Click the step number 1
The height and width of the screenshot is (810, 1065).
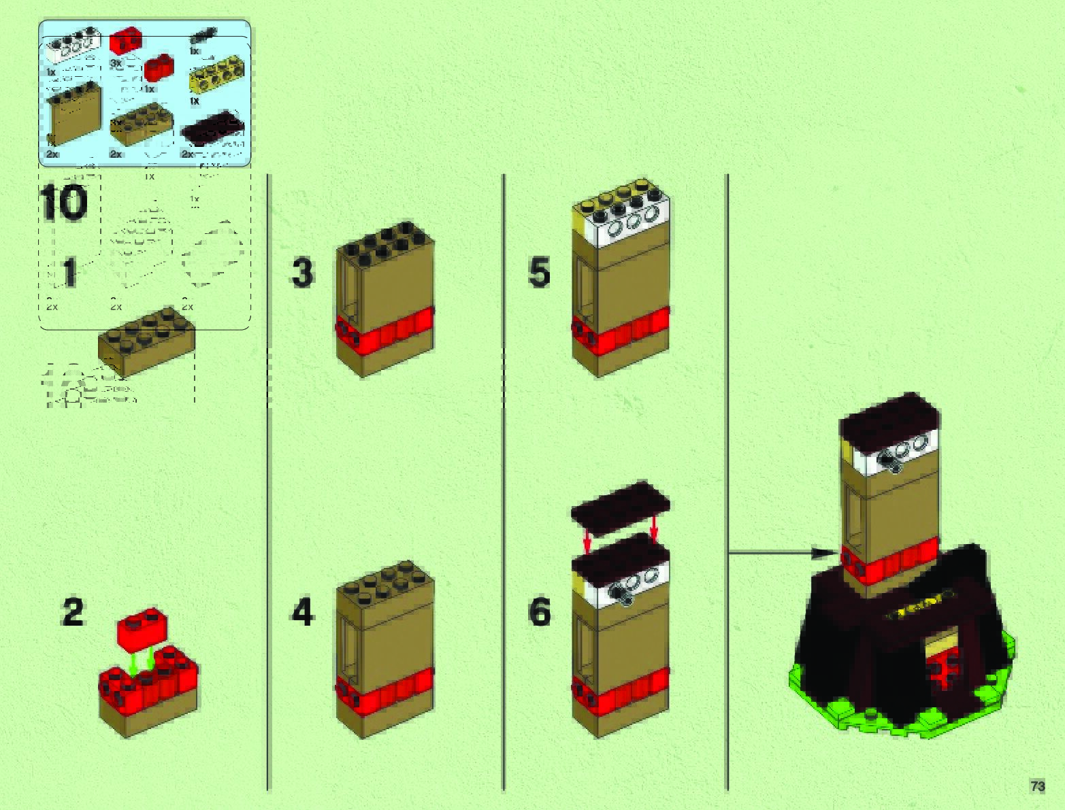coord(69,273)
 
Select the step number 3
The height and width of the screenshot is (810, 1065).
coord(303,273)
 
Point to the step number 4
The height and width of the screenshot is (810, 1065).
coord(303,612)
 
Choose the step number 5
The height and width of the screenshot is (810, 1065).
coord(539,273)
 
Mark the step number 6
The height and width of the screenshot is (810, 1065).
coord(539,612)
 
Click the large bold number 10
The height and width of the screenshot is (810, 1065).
coord(64,203)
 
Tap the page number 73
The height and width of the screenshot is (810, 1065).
coord(1037,786)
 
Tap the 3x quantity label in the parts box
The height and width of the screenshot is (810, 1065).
coord(116,63)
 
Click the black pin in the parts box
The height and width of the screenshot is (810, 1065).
coord(203,34)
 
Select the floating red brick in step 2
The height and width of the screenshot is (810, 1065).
coord(142,630)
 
